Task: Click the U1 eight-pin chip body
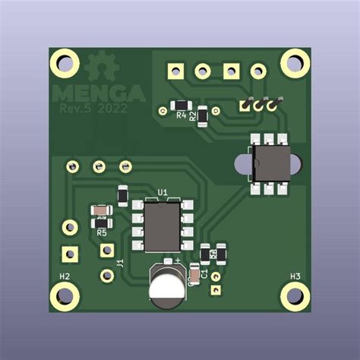tap(162, 226)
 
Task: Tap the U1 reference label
tap(162, 192)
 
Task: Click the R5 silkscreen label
tap(101, 233)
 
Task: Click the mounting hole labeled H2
tap(65, 297)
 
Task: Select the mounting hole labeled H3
tap(295, 297)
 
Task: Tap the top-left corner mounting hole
tap(65, 63)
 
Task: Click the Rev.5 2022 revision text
tap(93, 109)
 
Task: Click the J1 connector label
tap(120, 263)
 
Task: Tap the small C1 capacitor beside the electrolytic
tap(196, 272)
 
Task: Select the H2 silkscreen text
tap(65, 276)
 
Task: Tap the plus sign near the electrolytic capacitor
tap(178, 261)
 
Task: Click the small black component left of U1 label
tap(122, 196)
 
